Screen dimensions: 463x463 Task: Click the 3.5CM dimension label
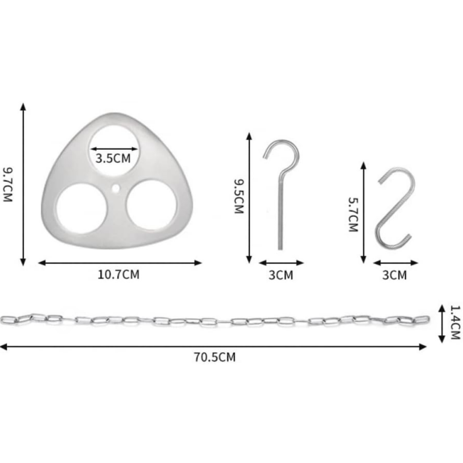pyautogui.click(x=113, y=159)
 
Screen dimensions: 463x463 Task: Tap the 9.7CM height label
pyautogui.click(x=7, y=185)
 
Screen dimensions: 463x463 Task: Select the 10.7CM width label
pyautogui.click(x=118, y=275)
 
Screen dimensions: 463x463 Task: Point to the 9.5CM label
pyautogui.click(x=239, y=196)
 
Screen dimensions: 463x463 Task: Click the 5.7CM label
pyautogui.click(x=353, y=215)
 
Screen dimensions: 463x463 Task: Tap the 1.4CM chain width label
pyautogui.click(x=455, y=322)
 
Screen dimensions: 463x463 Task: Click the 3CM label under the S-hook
pyautogui.click(x=395, y=275)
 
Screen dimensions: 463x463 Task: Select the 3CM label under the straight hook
pyautogui.click(x=281, y=275)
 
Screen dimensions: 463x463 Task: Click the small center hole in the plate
pyautogui.click(x=116, y=189)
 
